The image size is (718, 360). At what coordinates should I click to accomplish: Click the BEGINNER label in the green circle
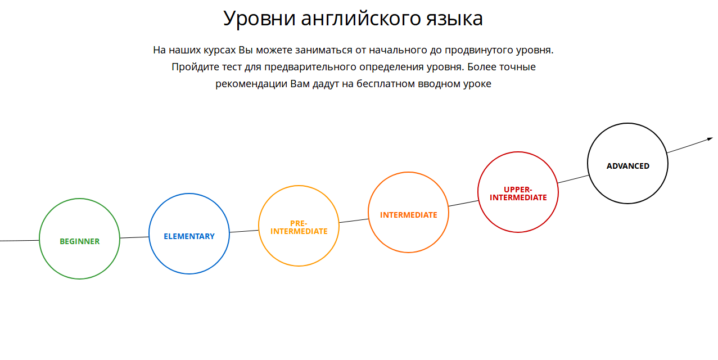click(79, 241)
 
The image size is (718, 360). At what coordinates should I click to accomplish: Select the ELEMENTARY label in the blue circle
click(189, 236)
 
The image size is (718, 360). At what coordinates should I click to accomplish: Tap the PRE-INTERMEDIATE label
click(299, 227)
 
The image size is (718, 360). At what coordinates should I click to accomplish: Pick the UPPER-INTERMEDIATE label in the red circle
click(518, 193)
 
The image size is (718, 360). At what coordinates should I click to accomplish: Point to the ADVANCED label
click(627, 166)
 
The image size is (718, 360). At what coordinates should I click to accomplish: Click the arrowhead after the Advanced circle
click(710, 139)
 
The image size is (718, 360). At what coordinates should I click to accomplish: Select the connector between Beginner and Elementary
click(134, 237)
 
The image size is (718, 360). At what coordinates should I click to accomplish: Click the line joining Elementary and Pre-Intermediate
click(244, 231)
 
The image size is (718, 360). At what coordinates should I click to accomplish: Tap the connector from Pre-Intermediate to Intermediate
click(354, 220)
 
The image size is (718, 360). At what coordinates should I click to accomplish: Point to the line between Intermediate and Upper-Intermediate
click(463, 203)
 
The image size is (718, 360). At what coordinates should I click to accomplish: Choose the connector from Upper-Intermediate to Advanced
click(573, 179)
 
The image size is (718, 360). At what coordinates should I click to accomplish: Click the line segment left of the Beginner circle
click(20, 240)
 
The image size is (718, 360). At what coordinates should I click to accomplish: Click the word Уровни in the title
click(259, 18)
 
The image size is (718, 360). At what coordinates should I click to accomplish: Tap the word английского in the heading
click(361, 18)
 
